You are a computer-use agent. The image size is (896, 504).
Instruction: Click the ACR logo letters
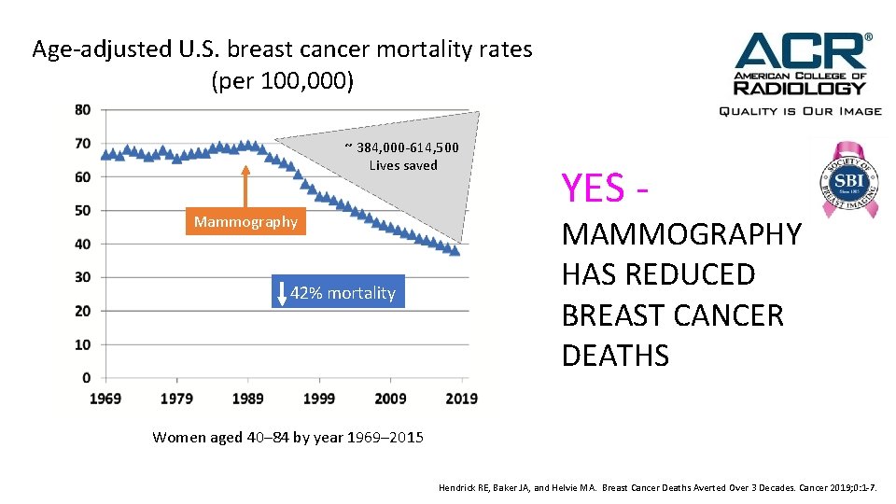[x=801, y=50]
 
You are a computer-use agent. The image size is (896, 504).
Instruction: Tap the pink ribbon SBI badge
[x=843, y=178]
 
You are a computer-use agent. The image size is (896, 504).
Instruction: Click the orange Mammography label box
[x=245, y=222]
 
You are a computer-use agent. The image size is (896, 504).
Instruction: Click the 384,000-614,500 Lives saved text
[x=402, y=156]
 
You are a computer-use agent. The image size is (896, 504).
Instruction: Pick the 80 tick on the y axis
[x=83, y=110]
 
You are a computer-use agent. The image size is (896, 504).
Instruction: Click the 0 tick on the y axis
[x=87, y=378]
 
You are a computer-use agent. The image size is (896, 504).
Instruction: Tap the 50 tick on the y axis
[x=83, y=211]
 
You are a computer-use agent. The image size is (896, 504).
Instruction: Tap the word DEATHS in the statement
[x=615, y=356]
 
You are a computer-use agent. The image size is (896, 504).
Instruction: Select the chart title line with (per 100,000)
[x=283, y=81]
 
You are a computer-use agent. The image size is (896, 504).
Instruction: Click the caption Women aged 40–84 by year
[x=287, y=437]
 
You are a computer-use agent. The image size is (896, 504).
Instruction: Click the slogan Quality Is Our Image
[x=799, y=110]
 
